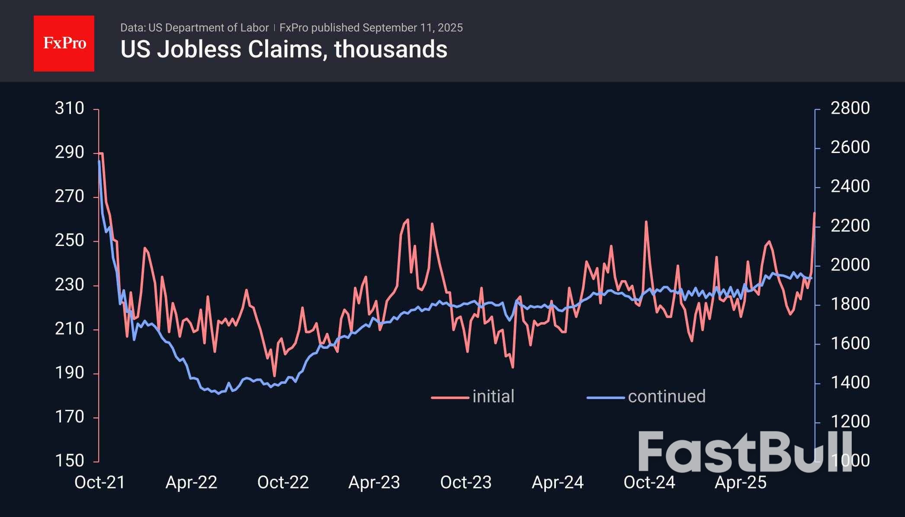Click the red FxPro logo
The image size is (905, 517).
coord(64,44)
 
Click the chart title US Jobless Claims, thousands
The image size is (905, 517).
coord(284,49)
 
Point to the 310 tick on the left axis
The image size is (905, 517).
coord(69,109)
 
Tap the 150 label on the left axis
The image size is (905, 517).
coord(69,461)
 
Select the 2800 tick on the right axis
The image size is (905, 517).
coord(850,109)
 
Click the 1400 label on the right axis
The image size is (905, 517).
coord(850,383)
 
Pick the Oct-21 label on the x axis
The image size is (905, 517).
coord(100,482)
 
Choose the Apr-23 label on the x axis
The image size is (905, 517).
coord(374,482)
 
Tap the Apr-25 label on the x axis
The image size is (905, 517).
coord(741,482)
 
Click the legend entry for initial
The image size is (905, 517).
coord(493,396)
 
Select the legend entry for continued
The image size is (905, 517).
coord(666,396)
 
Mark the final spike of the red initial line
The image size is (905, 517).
coord(815,213)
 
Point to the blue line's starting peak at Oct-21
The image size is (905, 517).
coord(99,161)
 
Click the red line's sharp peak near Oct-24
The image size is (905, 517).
coord(646,222)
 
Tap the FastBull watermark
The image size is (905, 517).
coord(744,451)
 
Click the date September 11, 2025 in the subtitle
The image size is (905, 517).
coord(412,28)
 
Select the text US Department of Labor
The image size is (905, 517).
coord(209,28)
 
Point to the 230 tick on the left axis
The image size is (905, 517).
coord(69,285)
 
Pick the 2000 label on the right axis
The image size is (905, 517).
coord(850,265)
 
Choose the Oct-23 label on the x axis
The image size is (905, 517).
coord(466,482)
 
